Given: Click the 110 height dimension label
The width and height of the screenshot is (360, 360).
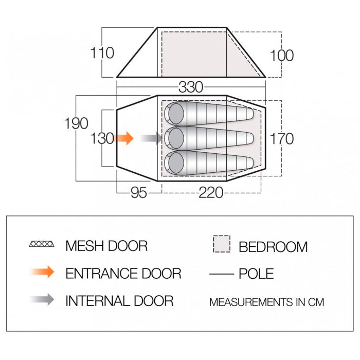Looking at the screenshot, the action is point(102,53).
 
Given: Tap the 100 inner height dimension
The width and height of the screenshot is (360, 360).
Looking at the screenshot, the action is point(282,56).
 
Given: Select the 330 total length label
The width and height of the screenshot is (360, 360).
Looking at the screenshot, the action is point(191,87).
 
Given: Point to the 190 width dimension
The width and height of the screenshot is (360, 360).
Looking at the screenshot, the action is point(76,123).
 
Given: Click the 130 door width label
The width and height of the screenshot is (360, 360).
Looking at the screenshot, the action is point(102,139).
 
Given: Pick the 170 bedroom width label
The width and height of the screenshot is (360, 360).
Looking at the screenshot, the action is point(282,139).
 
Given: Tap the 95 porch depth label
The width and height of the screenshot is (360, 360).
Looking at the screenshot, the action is point(139,193).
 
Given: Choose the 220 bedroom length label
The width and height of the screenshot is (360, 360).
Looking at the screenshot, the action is point(211,193).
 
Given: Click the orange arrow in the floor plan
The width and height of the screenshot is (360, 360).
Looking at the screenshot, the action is point(123,138).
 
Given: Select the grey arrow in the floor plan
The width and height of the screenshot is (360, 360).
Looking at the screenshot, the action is point(151,138).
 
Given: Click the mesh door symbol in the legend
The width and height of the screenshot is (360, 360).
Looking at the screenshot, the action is point(42,244).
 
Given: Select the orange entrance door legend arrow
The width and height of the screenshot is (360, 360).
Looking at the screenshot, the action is point(42,272).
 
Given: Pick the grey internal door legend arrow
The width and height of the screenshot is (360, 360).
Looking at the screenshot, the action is point(42,299).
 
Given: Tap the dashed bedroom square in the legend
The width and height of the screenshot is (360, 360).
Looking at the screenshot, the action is point(222,244).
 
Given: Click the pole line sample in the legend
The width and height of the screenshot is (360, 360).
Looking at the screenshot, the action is point(222,274).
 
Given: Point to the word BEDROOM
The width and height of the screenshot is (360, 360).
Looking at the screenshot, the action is point(273,247).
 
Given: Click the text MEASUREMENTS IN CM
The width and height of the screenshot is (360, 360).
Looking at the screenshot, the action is point(267,302).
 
